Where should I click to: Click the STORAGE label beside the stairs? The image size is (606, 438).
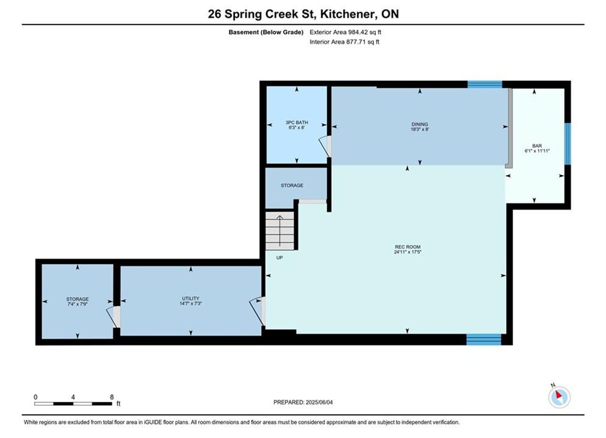(292, 186)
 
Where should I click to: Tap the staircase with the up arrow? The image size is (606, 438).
(280, 231)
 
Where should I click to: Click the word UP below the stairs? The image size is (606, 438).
(280, 257)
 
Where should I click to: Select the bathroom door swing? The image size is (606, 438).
(325, 147)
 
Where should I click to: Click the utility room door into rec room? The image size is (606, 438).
(258, 311)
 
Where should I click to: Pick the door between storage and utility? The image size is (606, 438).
(113, 317)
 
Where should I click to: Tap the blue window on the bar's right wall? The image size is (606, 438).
(568, 144)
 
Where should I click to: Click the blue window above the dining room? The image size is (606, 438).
(485, 85)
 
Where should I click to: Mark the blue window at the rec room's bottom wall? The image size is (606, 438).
(484, 339)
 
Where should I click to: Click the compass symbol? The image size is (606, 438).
(559, 396)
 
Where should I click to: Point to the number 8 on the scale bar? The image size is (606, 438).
(111, 397)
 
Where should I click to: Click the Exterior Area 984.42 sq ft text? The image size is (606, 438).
(345, 32)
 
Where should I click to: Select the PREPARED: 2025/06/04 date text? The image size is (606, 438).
(303, 402)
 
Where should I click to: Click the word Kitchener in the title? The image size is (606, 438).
(347, 14)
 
